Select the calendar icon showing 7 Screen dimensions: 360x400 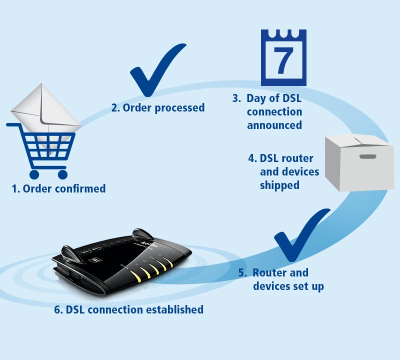[x=283, y=57]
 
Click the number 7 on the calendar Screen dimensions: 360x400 [x=283, y=61]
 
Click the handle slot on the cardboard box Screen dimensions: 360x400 [x=367, y=156]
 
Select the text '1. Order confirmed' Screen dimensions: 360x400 [x=59, y=188]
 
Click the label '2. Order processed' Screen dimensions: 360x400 [x=157, y=107]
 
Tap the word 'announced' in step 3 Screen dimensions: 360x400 [x=274, y=125]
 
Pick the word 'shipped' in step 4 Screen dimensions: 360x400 [x=279, y=185]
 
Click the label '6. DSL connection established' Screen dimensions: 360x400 [x=129, y=309]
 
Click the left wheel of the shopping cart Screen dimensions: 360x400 [x=34, y=174]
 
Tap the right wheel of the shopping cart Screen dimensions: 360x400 [x=62, y=174]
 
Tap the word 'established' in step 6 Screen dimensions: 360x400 [x=174, y=309]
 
